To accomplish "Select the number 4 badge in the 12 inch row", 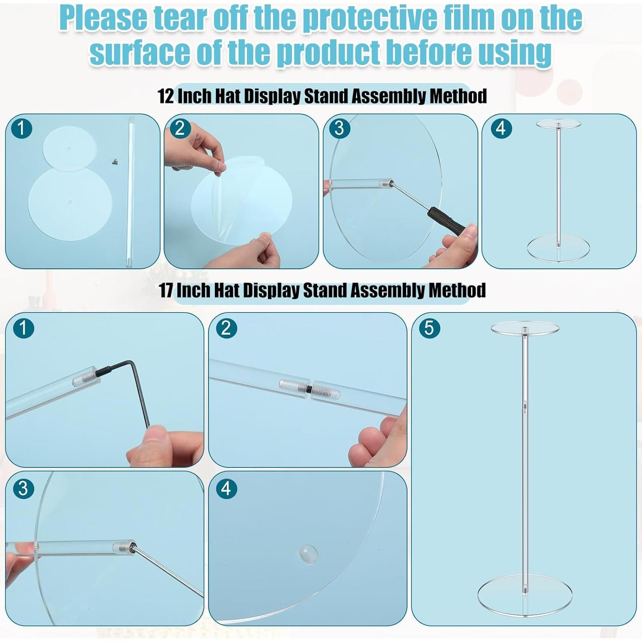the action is coord(501,128).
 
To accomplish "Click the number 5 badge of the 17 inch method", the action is coord(429,328).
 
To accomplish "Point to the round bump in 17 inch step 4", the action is coord(308,553).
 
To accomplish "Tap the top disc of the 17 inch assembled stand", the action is coord(525,328).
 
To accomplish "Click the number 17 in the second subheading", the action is coord(166,290).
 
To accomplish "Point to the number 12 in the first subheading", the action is coord(166,96).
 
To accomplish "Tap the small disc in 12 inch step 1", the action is coord(70,149).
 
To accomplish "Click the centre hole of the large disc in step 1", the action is coord(70,200).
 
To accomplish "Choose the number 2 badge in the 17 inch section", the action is coord(226,328).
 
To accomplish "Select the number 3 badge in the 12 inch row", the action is coord(339,128).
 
